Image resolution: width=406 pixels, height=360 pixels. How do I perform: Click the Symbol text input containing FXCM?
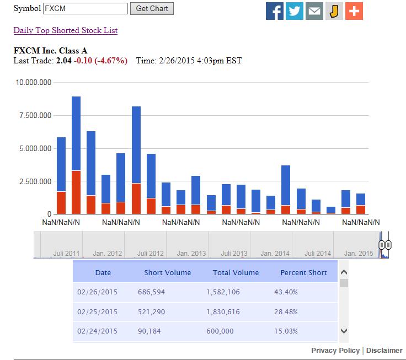coord(86,9)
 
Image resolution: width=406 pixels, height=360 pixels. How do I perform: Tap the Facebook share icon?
coord(275,10)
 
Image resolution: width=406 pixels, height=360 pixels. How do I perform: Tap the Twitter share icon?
coord(295,10)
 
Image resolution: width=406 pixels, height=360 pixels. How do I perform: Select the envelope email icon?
coord(314,10)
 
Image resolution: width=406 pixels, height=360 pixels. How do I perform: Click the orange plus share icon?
coord(354,10)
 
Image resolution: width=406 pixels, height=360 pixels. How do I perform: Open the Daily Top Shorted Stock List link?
coord(65,30)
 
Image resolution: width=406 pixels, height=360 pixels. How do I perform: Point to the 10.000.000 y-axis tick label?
coord(34,83)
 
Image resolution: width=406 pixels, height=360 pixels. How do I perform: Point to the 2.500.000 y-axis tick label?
coord(34,181)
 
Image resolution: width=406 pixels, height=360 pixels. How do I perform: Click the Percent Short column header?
coord(304,272)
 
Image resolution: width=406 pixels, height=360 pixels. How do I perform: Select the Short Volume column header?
coord(168,272)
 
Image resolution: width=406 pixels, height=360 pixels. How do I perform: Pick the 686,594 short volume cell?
coord(152,292)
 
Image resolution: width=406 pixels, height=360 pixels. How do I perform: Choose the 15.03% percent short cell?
coord(286,331)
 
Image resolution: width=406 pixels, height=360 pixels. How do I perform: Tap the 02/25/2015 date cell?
coord(97,311)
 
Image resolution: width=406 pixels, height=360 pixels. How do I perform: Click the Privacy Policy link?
coord(335,351)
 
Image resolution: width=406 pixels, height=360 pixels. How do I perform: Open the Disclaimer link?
coord(384,351)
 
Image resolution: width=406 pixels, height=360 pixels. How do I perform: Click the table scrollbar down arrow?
coord(344,331)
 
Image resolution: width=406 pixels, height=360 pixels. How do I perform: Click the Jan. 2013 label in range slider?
coord(191,254)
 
